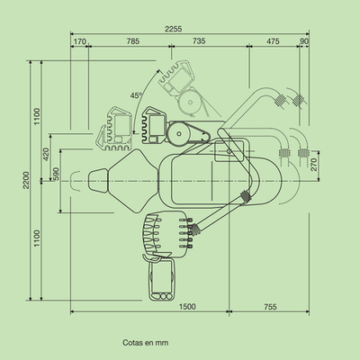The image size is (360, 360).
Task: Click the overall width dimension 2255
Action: (173, 29)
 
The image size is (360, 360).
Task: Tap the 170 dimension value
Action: (79, 41)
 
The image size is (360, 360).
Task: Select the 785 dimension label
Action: (133, 41)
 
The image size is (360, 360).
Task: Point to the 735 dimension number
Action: (199, 40)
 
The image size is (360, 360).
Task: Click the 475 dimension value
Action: (273, 41)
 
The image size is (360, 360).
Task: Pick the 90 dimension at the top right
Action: (304, 41)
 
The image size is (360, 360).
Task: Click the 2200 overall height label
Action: (26, 180)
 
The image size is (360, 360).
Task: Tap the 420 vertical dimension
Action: (46, 154)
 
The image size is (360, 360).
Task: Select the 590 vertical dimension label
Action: (56, 174)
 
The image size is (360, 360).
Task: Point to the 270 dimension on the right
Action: (314, 165)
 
